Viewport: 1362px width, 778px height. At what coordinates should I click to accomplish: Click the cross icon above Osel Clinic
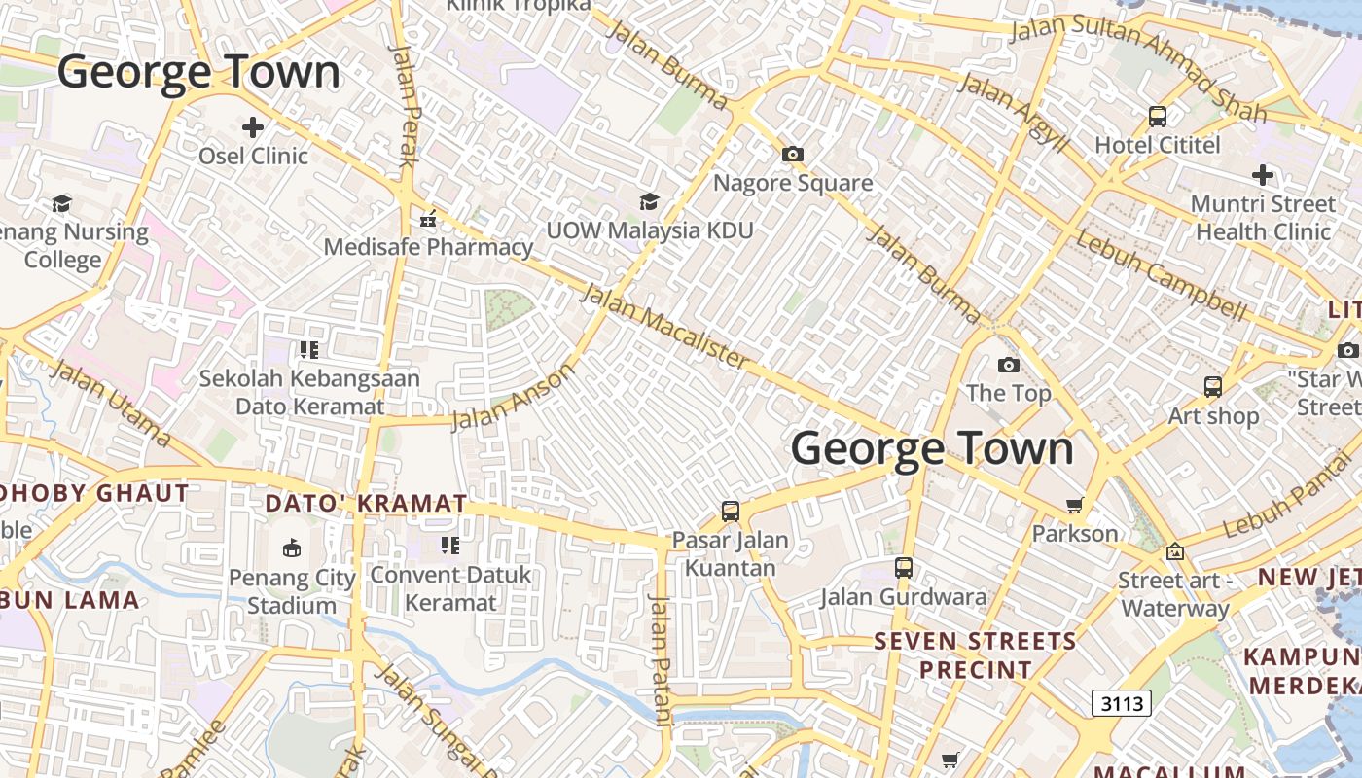253,126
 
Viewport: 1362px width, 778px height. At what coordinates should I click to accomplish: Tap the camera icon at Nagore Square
793,154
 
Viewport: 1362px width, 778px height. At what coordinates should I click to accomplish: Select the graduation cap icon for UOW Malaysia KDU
649,201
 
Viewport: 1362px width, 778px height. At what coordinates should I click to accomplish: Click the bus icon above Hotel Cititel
1158,117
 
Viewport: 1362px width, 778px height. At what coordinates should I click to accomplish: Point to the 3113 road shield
1121,702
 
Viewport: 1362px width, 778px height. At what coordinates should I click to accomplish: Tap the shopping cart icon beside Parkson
1075,505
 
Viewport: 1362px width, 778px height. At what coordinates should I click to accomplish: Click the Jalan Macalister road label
666,327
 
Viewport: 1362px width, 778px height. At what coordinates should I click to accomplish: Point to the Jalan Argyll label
1014,112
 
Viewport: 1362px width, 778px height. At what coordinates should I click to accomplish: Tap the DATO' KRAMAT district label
366,504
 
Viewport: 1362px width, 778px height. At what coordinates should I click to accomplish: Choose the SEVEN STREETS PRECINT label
976,655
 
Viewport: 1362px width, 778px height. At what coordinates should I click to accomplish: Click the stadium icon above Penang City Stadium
291,548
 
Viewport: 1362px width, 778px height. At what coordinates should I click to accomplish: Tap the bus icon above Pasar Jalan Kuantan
731,511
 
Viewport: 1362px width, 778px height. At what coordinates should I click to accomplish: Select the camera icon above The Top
1009,365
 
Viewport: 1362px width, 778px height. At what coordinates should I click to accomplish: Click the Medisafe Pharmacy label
428,247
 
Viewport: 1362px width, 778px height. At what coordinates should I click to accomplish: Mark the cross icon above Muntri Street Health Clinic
1263,175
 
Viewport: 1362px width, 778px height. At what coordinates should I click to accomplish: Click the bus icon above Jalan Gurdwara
904,567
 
